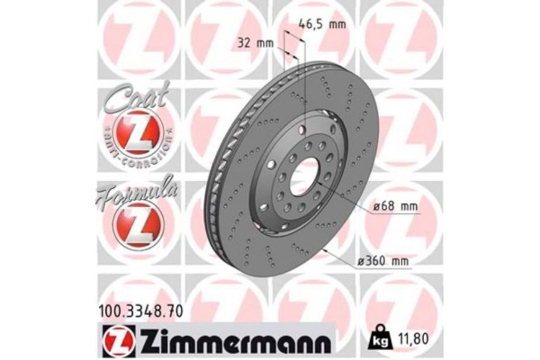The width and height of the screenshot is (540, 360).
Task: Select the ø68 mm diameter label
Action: [x=397, y=208]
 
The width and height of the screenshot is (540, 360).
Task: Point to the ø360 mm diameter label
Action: [x=382, y=262]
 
